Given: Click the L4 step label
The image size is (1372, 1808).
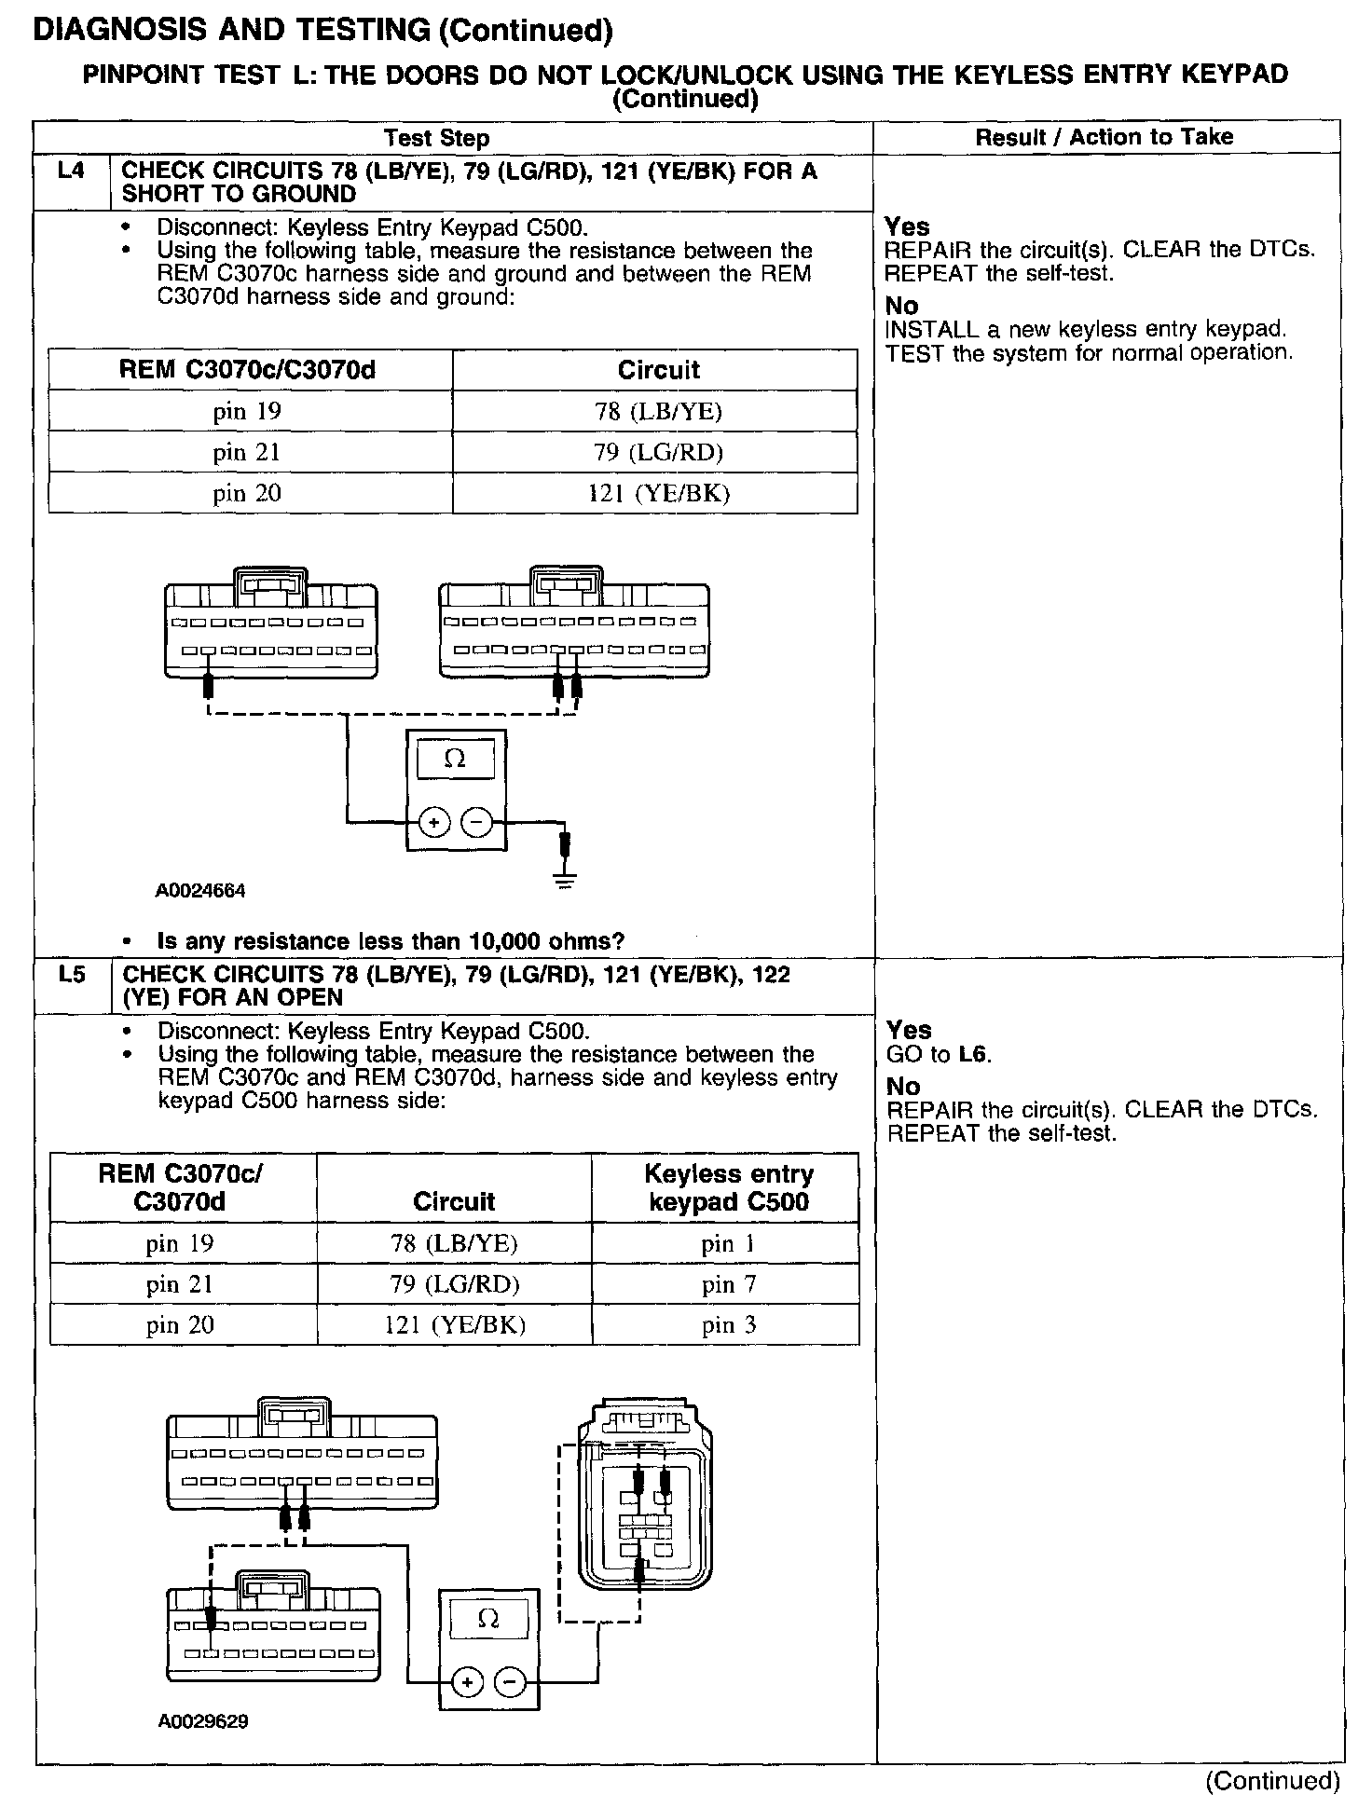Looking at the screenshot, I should (71, 171).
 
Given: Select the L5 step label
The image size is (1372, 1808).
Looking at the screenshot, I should (72, 974).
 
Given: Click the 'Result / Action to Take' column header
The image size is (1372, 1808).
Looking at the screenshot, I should (1104, 137).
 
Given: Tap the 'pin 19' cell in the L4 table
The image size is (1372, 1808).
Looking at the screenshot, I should (247, 411).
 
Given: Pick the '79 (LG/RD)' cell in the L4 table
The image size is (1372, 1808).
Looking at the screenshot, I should (659, 452).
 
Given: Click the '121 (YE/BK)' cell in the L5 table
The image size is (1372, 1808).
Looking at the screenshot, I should (455, 1324).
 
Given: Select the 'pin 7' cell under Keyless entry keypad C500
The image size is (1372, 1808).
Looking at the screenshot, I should (729, 1284).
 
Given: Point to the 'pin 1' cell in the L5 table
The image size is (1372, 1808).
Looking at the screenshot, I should (729, 1243).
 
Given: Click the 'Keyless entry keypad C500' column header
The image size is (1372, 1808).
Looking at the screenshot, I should (729, 1187).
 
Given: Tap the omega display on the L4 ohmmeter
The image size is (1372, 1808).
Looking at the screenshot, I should (456, 759).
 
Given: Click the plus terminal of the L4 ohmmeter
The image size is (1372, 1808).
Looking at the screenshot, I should (434, 822).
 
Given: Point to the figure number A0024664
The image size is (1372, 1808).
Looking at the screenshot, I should (200, 891).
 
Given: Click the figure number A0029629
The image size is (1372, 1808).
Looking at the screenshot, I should (203, 1721).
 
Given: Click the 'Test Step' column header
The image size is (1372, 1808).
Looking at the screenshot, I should (436, 138).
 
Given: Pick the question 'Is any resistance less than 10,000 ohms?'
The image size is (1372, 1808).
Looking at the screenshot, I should (391, 941).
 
